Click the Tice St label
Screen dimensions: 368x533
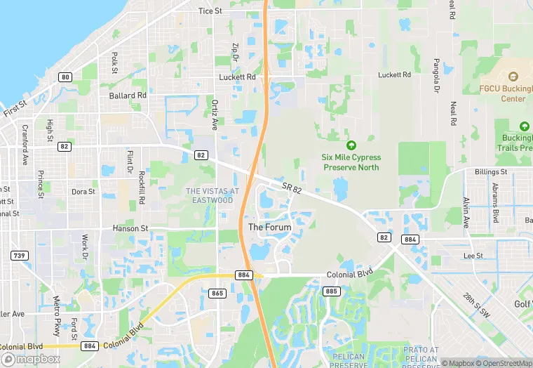[x=210, y=11]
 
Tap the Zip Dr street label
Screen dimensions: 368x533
[x=236, y=53]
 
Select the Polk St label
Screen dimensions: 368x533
[x=114, y=62]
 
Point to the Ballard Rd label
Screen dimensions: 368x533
[x=128, y=95]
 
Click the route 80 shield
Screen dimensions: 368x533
[x=65, y=77]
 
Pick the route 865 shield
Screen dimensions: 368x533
[x=217, y=293]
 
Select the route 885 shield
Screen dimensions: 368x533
[x=331, y=291]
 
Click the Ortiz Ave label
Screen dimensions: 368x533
[x=215, y=114]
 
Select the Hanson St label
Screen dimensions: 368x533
[x=130, y=228]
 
